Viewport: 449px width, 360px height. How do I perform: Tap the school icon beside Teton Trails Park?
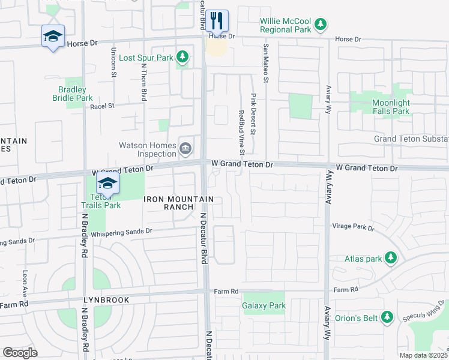pos(107,184)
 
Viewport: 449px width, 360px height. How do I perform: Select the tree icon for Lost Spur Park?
pos(183,58)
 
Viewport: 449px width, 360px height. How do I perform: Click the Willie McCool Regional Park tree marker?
pos(322,24)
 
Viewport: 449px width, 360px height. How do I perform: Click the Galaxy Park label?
pos(264,305)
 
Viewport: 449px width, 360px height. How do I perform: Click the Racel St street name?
pos(101,106)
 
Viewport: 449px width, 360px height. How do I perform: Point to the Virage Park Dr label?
pos(353,228)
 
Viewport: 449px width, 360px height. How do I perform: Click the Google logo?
pos(20,353)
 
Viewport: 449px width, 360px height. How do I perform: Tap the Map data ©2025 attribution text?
pos(423,355)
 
